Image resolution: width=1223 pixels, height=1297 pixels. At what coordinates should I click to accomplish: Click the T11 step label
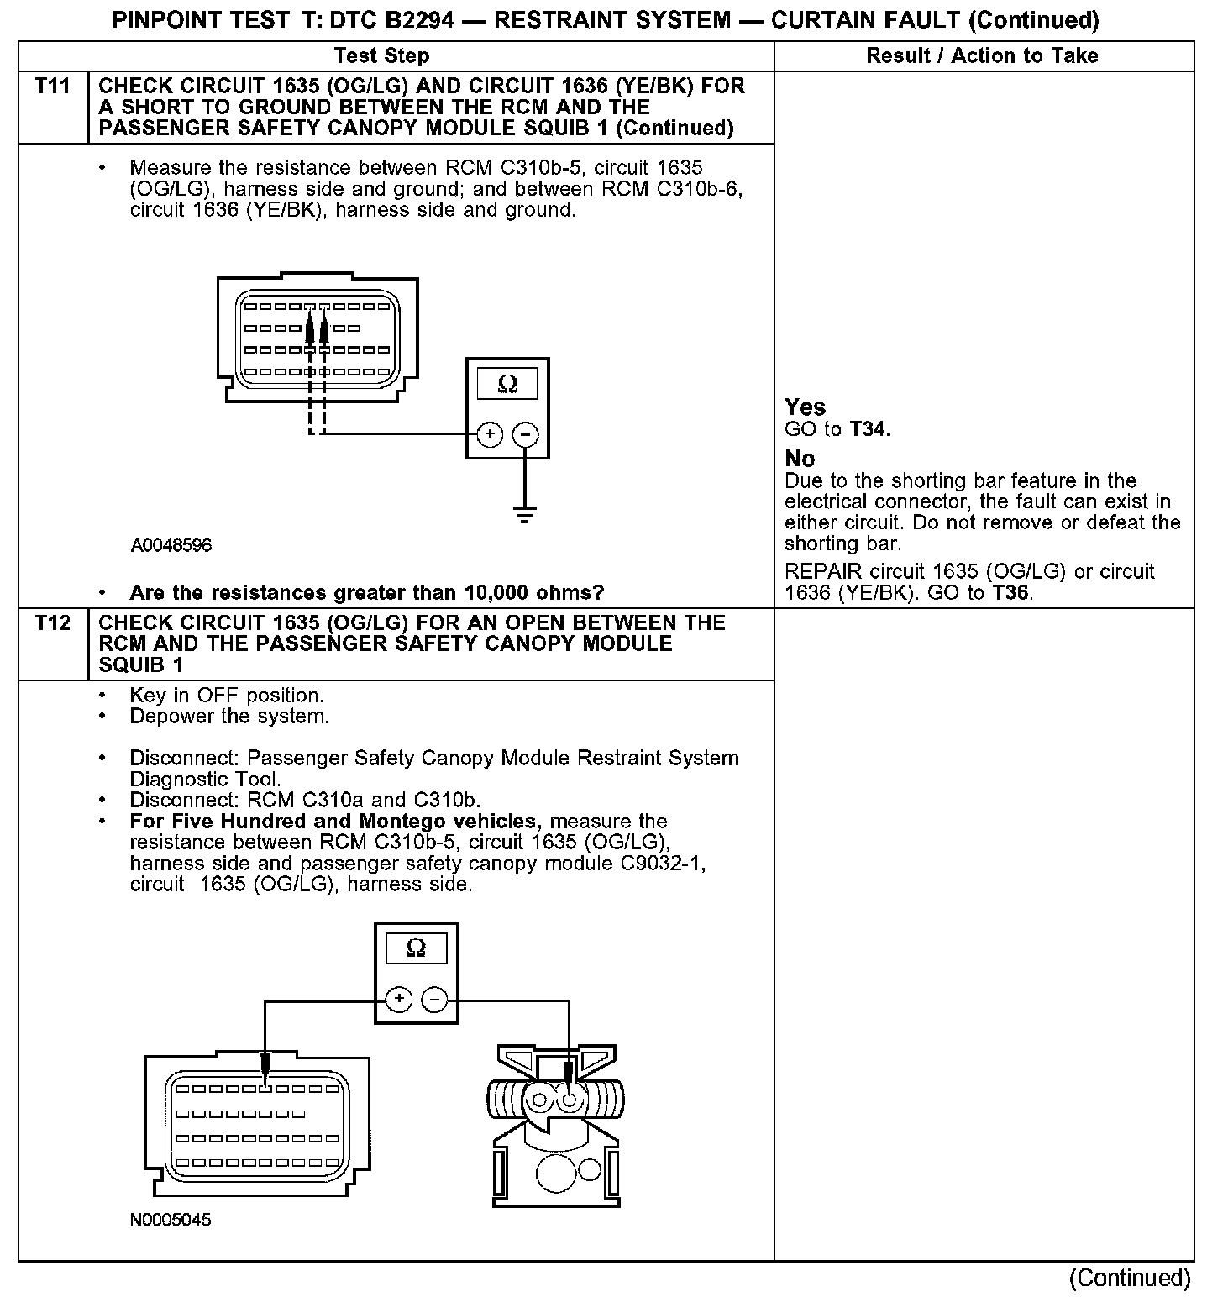pyautogui.click(x=53, y=87)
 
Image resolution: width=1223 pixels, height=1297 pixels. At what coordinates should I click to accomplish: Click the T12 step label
pyautogui.click(x=53, y=623)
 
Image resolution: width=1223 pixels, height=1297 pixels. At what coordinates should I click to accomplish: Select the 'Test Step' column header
pyautogui.click(x=381, y=56)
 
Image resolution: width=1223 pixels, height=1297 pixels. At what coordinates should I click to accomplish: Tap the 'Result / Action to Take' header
pyautogui.click(x=982, y=56)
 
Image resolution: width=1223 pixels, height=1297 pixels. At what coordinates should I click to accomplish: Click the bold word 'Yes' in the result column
pyautogui.click(x=806, y=407)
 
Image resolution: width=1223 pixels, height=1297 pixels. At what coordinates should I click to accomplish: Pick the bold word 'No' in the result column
pyautogui.click(x=800, y=459)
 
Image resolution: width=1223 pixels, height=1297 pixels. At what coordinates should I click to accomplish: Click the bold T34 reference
pyautogui.click(x=868, y=430)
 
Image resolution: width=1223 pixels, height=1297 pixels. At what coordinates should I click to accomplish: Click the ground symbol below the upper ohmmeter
pyautogui.click(x=525, y=516)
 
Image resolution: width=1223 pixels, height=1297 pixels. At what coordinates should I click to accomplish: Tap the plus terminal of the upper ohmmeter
pyautogui.click(x=490, y=434)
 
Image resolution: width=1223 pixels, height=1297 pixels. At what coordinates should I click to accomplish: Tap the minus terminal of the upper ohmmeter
pyautogui.click(x=526, y=434)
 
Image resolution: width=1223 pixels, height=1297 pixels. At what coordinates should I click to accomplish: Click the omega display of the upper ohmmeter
pyautogui.click(x=507, y=384)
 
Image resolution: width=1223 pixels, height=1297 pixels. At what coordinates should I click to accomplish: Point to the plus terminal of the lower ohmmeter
pyautogui.click(x=399, y=999)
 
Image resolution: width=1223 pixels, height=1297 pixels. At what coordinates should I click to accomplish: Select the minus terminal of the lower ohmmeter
pyautogui.click(x=434, y=999)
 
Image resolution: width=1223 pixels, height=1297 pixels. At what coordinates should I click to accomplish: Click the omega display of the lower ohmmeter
pyautogui.click(x=416, y=948)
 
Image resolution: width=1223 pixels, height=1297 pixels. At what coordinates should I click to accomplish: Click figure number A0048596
pyautogui.click(x=171, y=546)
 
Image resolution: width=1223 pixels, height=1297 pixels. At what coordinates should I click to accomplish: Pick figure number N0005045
pyautogui.click(x=171, y=1220)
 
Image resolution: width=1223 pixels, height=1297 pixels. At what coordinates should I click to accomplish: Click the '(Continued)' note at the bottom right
pyautogui.click(x=1129, y=1278)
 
